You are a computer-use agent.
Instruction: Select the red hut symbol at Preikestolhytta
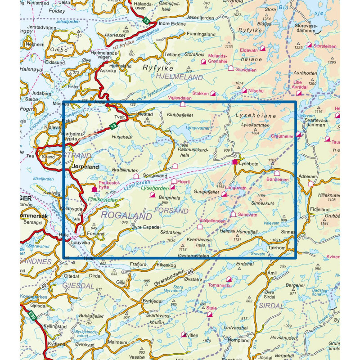94,190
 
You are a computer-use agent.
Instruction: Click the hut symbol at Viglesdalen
183,104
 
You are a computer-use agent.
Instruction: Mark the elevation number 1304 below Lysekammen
256,133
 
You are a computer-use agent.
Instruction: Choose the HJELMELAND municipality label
179,78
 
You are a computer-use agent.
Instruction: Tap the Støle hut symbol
209,314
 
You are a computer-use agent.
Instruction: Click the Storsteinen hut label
328,45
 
